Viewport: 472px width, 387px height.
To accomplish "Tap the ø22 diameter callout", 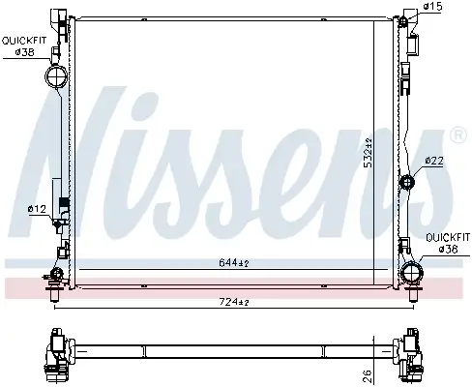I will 434,161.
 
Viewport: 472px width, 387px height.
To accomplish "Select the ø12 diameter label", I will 36,208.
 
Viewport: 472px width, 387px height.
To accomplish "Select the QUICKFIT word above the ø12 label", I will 23,40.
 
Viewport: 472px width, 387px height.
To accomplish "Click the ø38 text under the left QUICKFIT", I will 25,52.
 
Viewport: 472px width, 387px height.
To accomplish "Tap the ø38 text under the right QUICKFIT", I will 448,249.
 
